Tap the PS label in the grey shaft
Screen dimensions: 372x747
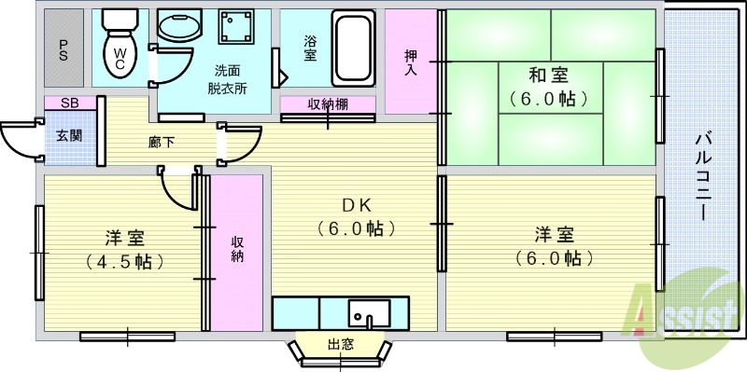63,48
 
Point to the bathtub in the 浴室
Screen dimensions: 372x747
352,48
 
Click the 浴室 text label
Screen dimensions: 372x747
310,48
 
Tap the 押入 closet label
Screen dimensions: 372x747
411,62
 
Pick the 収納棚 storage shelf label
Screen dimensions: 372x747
328,103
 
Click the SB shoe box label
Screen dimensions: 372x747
69,103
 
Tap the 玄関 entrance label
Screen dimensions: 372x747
69,136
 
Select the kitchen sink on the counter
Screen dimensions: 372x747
374,313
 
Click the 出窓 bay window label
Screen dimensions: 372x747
341,344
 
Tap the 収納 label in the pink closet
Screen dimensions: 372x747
238,248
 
